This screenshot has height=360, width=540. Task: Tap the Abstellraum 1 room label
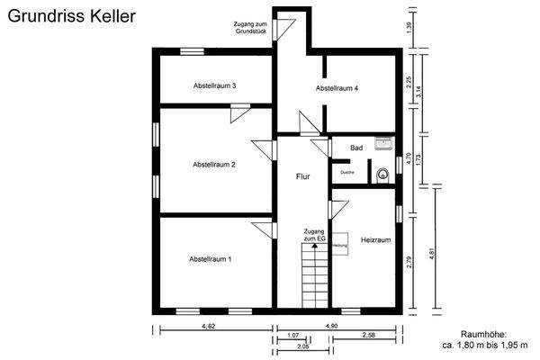click(x=211, y=258)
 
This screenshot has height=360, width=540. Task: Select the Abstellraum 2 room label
click(x=214, y=165)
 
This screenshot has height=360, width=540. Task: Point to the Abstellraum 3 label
click(x=214, y=86)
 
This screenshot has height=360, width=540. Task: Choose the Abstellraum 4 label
click(x=337, y=89)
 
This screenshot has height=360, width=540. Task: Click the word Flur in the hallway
click(x=303, y=177)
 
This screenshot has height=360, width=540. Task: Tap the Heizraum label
click(x=375, y=240)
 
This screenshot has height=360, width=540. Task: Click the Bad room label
click(x=355, y=147)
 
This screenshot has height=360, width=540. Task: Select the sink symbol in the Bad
click(x=385, y=143)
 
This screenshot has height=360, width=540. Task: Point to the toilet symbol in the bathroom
click(x=383, y=175)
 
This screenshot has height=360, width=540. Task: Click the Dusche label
click(x=346, y=171)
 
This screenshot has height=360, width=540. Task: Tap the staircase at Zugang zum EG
click(x=314, y=277)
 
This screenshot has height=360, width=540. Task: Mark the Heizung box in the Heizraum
click(x=339, y=246)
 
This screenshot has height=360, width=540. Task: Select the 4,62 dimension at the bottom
click(x=209, y=325)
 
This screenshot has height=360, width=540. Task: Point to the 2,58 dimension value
click(x=369, y=336)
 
